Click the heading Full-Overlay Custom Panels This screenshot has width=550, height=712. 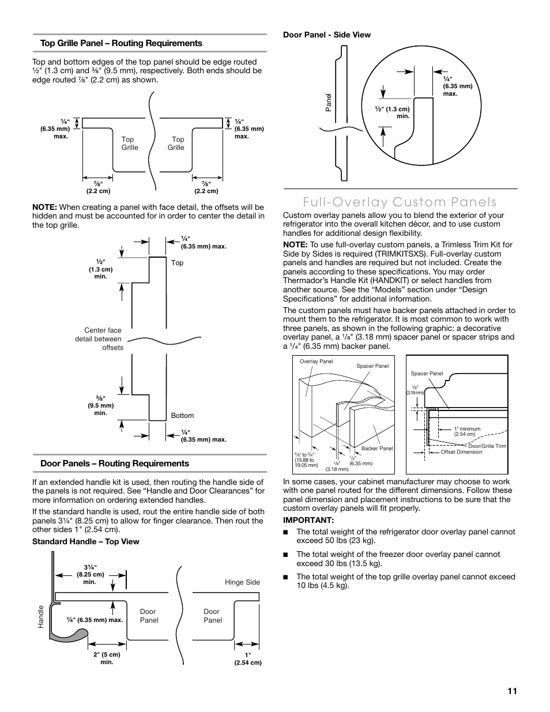click(x=390, y=202)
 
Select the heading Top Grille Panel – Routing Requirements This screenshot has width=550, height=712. click(x=121, y=43)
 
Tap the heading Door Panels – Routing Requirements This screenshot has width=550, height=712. click(x=115, y=464)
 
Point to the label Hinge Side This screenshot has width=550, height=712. click(x=242, y=582)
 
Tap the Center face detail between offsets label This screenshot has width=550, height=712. click(x=99, y=339)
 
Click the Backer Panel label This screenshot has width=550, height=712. click(x=377, y=449)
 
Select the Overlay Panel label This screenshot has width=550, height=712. click(x=317, y=361)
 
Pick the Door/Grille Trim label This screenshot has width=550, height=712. click(x=487, y=446)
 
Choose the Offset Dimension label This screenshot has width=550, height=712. click(x=461, y=453)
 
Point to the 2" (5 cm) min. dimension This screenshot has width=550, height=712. click(x=107, y=658)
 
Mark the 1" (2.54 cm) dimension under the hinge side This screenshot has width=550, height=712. click(x=248, y=659)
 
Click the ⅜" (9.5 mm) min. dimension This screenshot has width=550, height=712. click(x=101, y=405)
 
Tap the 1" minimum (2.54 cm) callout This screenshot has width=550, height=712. click(x=467, y=431)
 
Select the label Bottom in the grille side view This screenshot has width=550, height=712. click(x=182, y=416)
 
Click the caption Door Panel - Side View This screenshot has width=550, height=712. click(x=327, y=35)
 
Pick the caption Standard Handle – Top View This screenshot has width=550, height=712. click(x=86, y=542)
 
